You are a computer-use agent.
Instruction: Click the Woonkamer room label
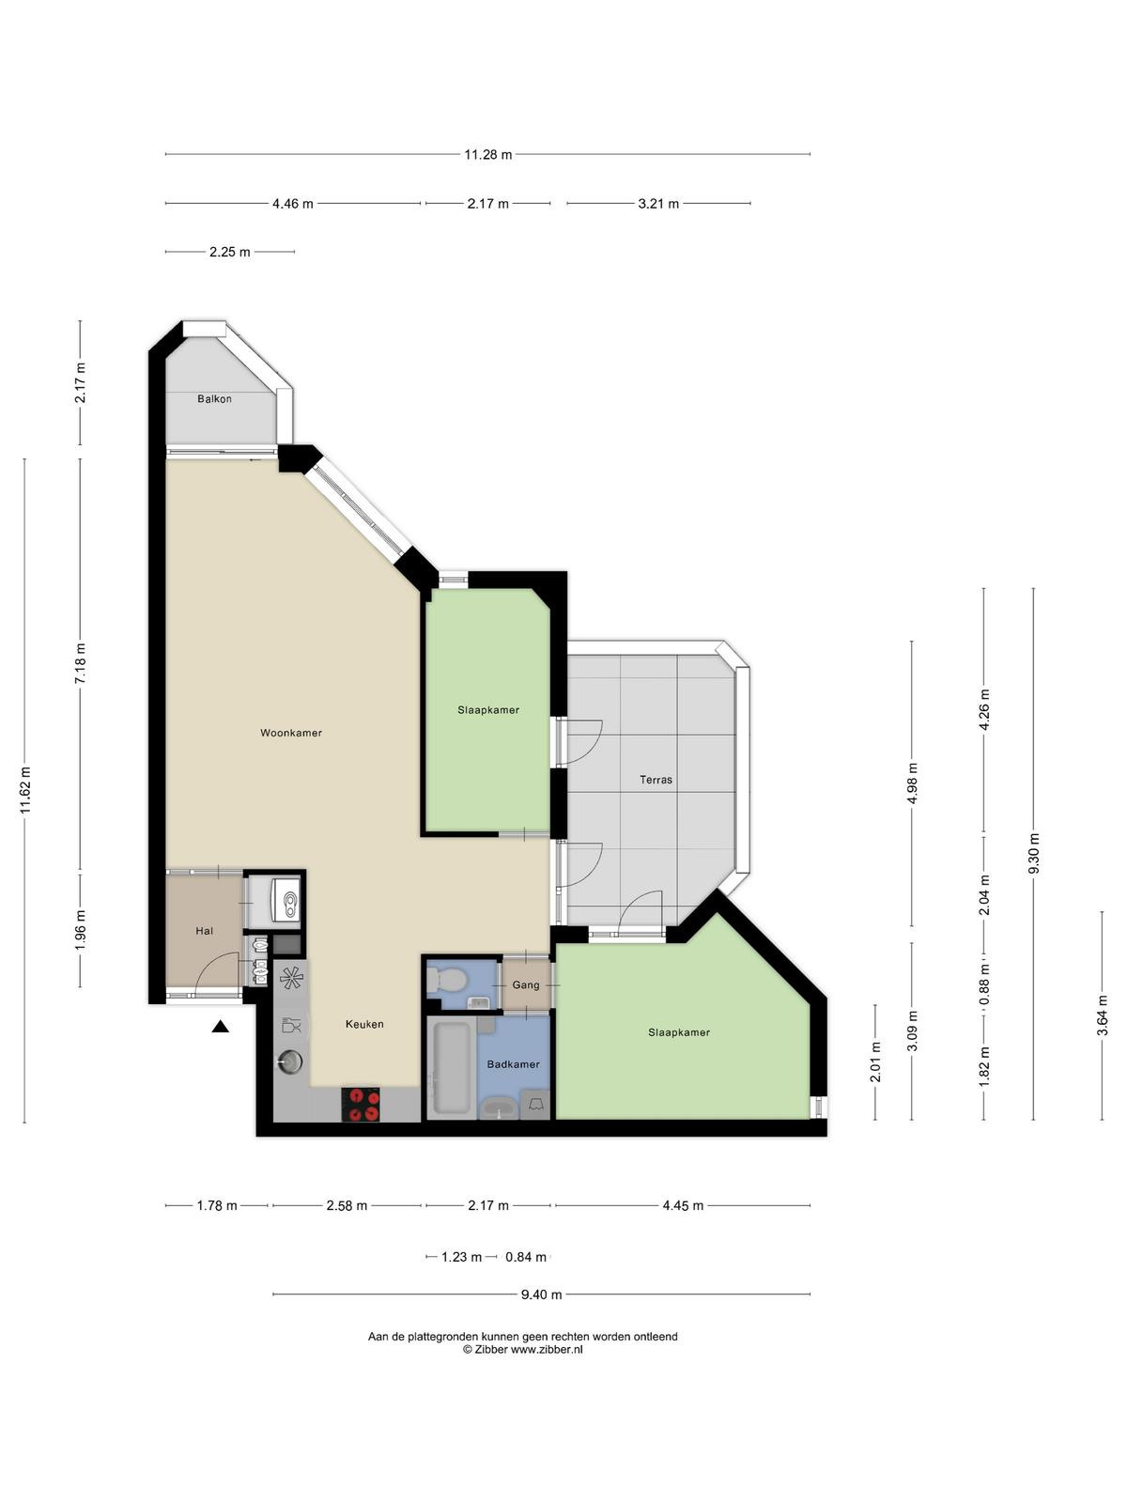291,733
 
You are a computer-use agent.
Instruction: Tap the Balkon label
214,398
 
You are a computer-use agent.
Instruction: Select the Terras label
656,780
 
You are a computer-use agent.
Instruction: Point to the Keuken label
364,1024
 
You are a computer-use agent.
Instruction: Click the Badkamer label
513,1064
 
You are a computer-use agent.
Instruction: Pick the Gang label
526,984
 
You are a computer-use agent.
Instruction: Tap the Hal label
204,931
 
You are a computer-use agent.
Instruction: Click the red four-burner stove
361,1105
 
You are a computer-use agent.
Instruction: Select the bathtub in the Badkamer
451,1068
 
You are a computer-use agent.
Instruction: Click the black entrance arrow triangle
220,1026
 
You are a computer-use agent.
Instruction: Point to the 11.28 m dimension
487,155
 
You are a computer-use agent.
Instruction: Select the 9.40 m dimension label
541,1294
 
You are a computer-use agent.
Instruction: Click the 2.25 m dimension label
230,252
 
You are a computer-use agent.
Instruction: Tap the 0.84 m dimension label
526,1257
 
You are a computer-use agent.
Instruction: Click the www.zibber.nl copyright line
523,1349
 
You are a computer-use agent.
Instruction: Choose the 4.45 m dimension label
683,1206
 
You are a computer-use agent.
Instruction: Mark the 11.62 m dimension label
25,790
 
